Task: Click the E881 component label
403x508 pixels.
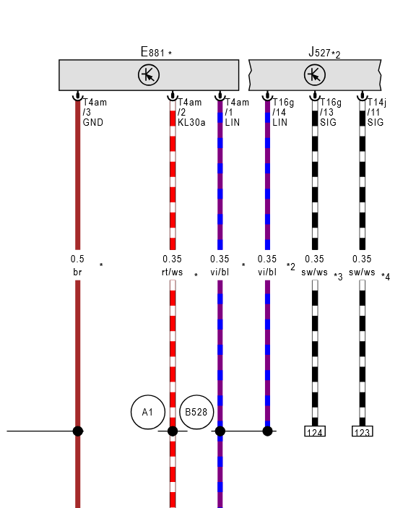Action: coord(152,52)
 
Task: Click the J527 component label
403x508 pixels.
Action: coord(319,52)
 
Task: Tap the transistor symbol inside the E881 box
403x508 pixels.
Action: coord(149,75)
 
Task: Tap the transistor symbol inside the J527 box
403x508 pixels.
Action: coord(315,75)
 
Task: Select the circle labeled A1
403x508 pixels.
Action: coord(148,412)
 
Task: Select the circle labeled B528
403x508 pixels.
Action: coord(196,412)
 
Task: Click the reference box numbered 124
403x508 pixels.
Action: coord(315,431)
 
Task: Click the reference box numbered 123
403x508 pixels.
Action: coord(363,431)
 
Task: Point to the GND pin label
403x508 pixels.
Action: coord(93,122)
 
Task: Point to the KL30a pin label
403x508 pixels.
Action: coord(191,122)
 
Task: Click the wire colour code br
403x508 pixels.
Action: coord(77,272)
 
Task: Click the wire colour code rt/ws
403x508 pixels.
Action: coord(172,272)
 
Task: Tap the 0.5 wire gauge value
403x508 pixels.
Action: coord(77,259)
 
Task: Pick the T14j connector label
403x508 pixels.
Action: coord(377,103)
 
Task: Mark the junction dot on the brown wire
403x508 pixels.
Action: coord(78,431)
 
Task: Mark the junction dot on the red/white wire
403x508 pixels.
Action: coord(173,431)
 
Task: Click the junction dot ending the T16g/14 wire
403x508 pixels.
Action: coord(267,431)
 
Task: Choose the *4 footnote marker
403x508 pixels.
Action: coord(386,277)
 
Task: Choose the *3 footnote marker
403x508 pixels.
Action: coord(338,277)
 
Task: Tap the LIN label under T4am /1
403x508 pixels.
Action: coord(233,122)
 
